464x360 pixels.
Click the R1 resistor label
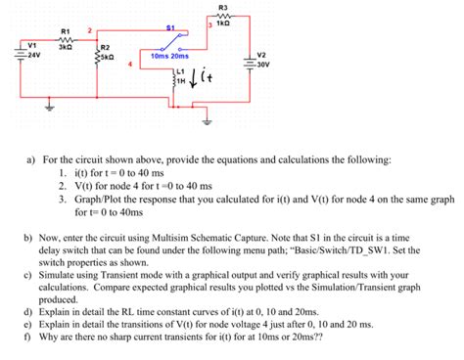[66, 30]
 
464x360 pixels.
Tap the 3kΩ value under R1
[66, 46]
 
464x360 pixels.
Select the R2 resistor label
[105, 47]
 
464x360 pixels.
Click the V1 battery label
[31, 44]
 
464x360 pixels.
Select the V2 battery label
[260, 54]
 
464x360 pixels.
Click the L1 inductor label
[180, 73]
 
